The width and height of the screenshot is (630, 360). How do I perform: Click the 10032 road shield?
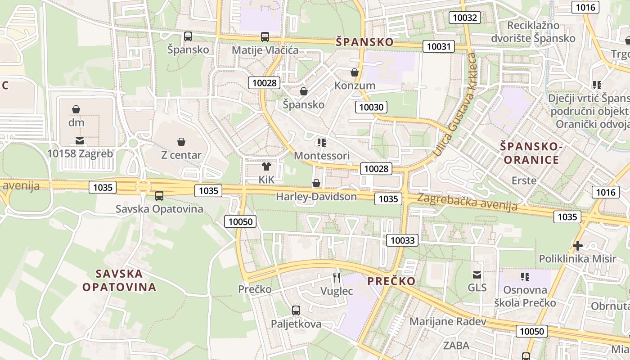pos(465,18)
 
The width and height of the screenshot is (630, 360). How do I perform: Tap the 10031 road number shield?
pos(438,46)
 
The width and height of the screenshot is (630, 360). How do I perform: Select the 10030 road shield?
pos(371,107)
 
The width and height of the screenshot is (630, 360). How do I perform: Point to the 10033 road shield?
pos(402,240)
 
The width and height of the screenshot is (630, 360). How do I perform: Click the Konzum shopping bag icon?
pos(355,72)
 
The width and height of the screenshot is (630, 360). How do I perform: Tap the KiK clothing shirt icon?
pos(266,166)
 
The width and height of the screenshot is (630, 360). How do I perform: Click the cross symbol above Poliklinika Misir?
pos(578,246)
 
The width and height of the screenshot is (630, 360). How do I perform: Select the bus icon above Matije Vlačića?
pos(265,37)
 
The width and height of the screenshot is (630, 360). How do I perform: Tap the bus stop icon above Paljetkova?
pos(296,310)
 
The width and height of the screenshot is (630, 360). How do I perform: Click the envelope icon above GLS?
pos(477,274)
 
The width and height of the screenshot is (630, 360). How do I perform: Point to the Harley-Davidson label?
pos(316,197)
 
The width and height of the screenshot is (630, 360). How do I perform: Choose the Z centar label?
pos(181,155)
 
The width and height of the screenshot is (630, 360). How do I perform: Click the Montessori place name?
pos(321,156)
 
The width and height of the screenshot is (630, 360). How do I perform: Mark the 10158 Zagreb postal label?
pos(80,153)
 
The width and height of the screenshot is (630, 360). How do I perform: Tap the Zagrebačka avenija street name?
pos(467,202)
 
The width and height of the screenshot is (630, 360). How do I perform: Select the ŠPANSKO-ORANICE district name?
pos(531,153)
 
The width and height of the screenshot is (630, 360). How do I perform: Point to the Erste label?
pos(524,180)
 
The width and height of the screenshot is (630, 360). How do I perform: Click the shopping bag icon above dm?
pos(76,109)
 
